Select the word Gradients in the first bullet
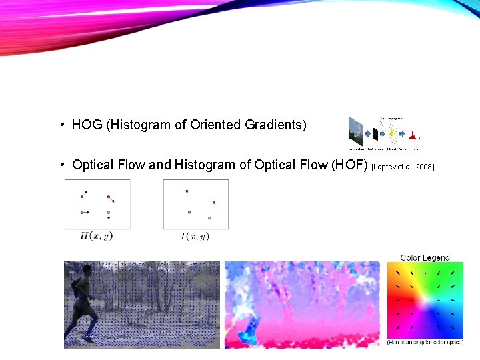point(275,125)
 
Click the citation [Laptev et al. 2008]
point(403,166)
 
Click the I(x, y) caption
point(195,236)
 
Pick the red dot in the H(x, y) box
point(109,197)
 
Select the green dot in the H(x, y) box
point(82,212)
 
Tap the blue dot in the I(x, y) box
point(187,191)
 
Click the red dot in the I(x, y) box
point(214,202)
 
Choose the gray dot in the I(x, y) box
point(209,218)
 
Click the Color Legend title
point(425,257)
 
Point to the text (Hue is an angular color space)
point(425,342)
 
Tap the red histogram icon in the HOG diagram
point(414,136)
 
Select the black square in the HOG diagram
point(375,135)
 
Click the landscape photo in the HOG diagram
point(356,131)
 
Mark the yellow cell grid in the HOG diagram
point(393,134)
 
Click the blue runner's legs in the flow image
point(253,331)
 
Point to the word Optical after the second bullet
point(93,165)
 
